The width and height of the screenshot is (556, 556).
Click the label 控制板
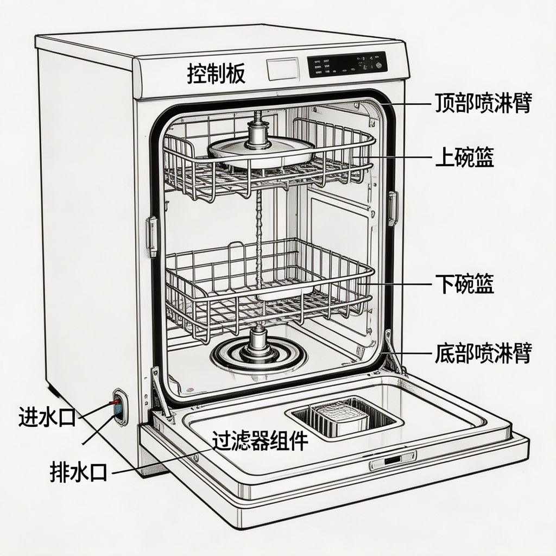[216, 73]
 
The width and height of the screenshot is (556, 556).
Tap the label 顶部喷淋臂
[482, 103]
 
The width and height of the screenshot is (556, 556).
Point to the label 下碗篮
[464, 283]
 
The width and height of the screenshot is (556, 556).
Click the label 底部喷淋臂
[482, 353]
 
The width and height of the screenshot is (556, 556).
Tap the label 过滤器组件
[260, 441]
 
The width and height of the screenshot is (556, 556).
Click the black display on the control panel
[346, 65]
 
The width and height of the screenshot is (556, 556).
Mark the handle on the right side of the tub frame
[393, 207]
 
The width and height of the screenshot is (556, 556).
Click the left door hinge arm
[160, 394]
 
